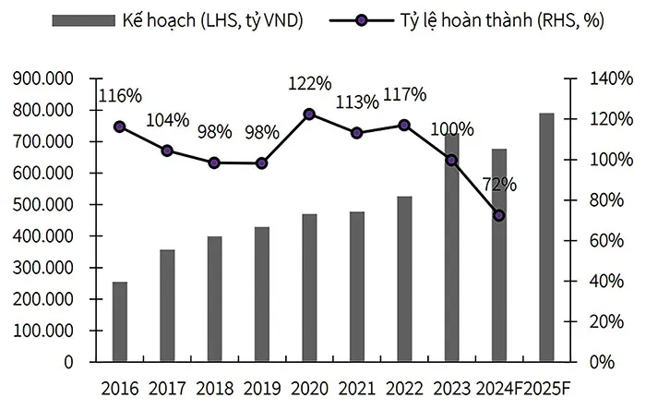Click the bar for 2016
pyautogui.click(x=120, y=321)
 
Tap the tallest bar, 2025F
pyautogui.click(x=546, y=237)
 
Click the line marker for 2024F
pyautogui.click(x=499, y=216)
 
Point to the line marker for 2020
pyautogui.click(x=309, y=115)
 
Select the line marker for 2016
pyautogui.click(x=119, y=127)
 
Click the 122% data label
pyautogui.click(x=310, y=84)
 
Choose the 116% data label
pyautogui.click(x=120, y=96)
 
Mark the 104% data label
pyautogui.click(x=168, y=120)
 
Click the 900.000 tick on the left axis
pyautogui.click(x=45, y=79)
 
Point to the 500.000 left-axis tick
pyautogui.click(x=45, y=205)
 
